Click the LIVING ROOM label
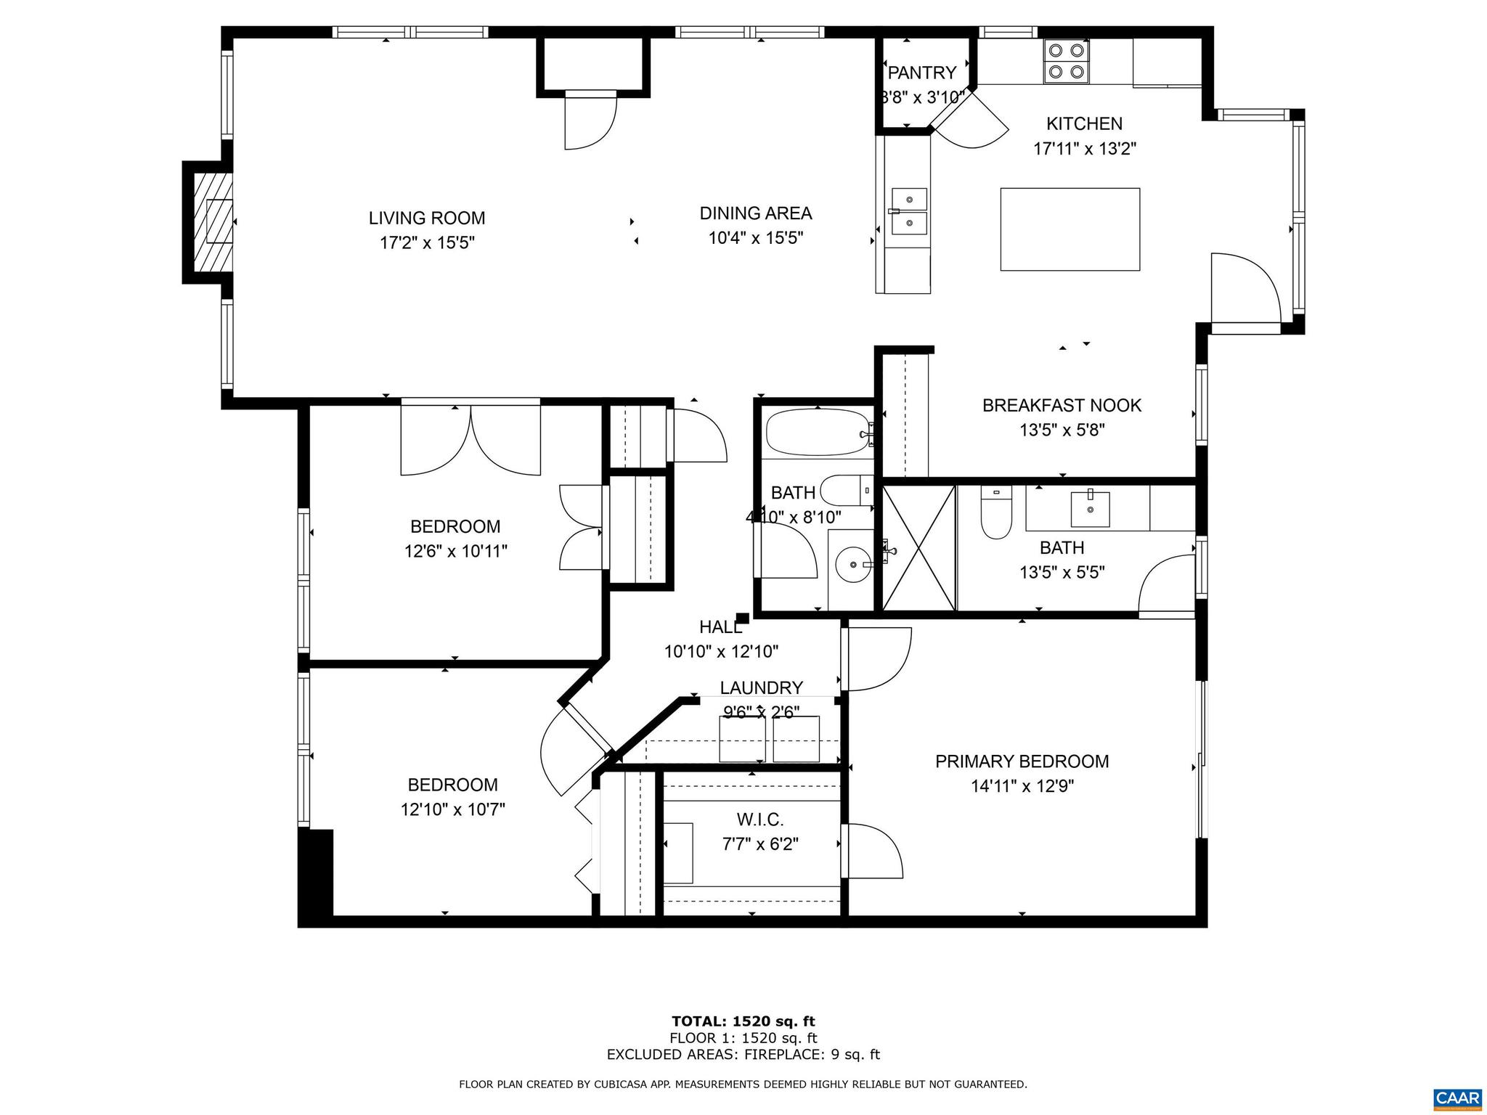426,218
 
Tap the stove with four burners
1066,61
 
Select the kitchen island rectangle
1070,229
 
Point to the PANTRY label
922,73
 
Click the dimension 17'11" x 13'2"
1084,149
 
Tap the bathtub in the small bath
818,433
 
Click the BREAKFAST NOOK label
1062,405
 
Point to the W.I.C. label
760,820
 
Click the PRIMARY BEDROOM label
1022,761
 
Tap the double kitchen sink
909,211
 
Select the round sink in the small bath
852,565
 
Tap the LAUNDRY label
761,687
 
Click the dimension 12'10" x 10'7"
452,809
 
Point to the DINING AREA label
755,213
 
